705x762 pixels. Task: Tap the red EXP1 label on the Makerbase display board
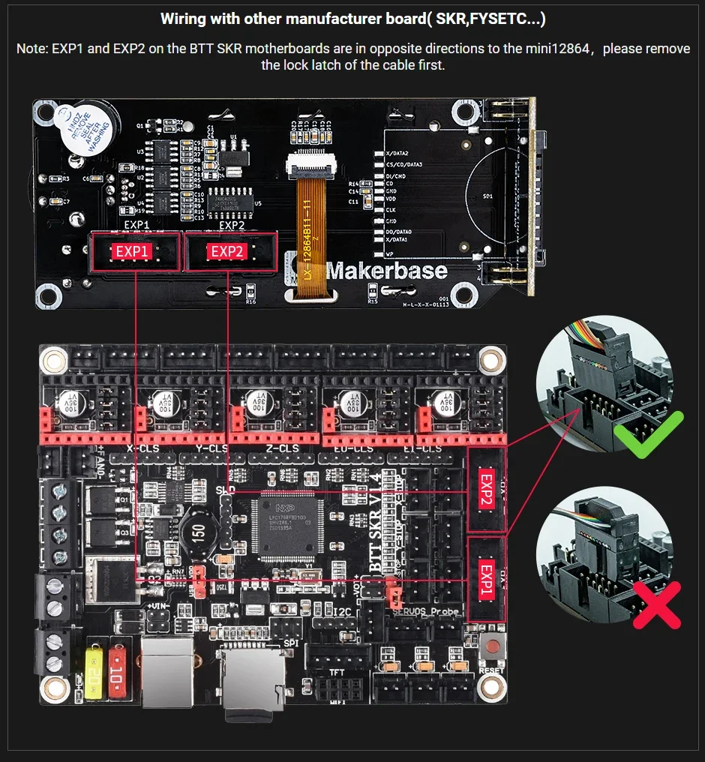point(132,252)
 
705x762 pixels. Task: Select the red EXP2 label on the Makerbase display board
point(226,252)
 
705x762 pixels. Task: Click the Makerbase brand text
point(387,271)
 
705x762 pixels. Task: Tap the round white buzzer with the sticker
point(79,130)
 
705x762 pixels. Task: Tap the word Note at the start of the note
point(31,49)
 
